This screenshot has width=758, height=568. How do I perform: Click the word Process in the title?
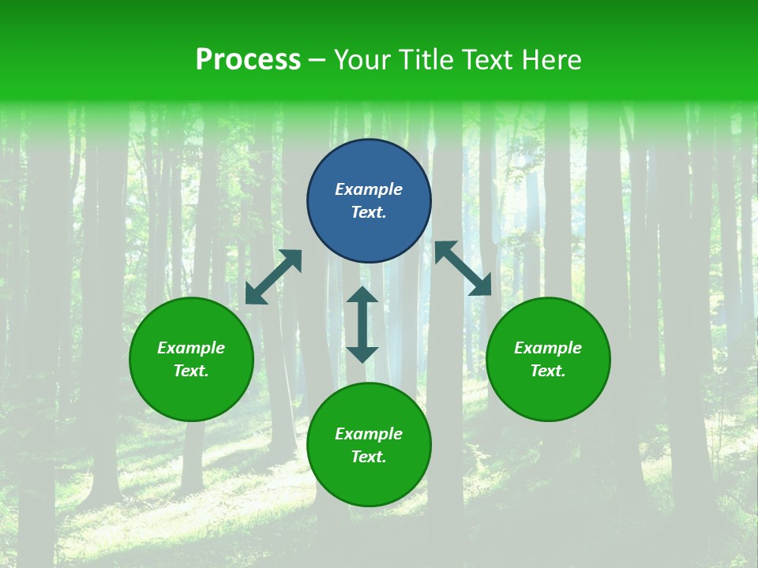248,60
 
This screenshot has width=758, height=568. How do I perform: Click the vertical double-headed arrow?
362,324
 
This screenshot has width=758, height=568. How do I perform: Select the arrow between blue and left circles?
273,277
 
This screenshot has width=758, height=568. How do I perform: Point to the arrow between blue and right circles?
463,268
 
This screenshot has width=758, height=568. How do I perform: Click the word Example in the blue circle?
369,189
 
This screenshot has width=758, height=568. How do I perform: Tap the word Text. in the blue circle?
369,212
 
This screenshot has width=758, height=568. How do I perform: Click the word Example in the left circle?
191,348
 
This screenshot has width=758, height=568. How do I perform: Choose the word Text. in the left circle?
191,371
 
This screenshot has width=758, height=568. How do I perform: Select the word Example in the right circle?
548,348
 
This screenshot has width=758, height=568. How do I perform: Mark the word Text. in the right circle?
548,371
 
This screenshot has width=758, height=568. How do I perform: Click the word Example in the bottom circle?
369,434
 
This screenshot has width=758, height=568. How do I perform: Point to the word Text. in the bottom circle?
369,457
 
